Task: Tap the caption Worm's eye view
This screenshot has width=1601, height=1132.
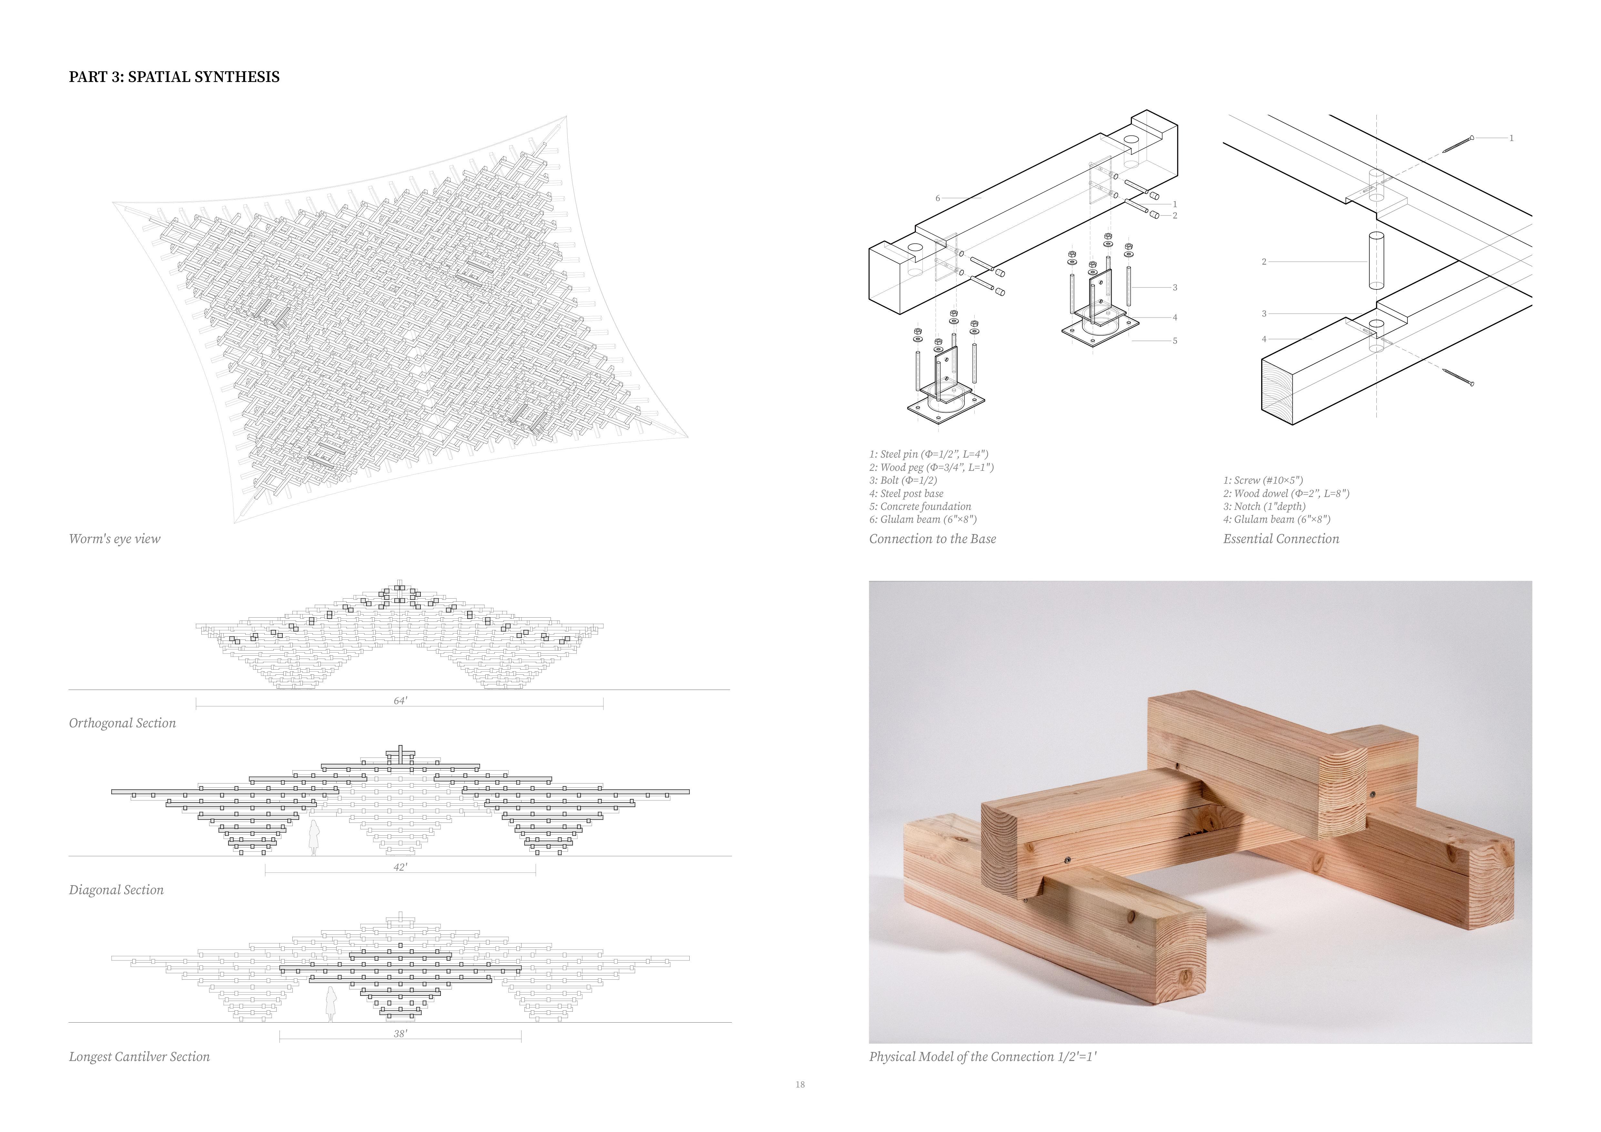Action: (x=114, y=539)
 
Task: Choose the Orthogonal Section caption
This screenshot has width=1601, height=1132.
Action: (x=122, y=723)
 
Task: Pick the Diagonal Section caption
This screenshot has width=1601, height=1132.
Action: (x=116, y=890)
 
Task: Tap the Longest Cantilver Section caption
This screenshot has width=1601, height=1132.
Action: (x=139, y=1057)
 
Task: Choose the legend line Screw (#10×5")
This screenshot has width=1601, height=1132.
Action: (x=1263, y=480)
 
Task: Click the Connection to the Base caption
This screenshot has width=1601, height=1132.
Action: (x=932, y=539)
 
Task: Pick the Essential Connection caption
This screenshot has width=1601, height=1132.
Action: (x=1281, y=539)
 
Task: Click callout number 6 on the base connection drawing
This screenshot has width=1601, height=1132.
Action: (x=938, y=199)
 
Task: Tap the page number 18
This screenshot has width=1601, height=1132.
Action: (x=800, y=1085)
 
